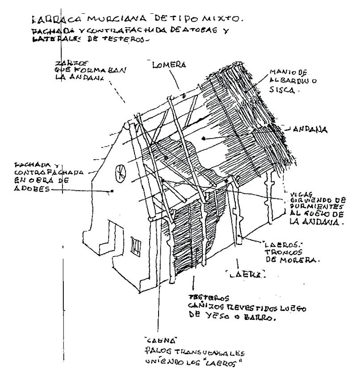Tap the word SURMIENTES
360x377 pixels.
[x=304, y=207]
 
